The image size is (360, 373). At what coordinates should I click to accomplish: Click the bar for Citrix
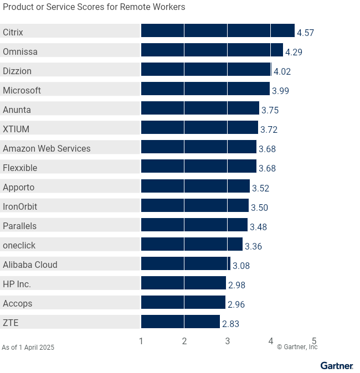pyautogui.click(x=218, y=31)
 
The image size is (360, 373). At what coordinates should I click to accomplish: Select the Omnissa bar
pyautogui.click(x=212, y=50)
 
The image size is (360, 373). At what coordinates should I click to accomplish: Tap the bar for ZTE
pyautogui.click(x=180, y=322)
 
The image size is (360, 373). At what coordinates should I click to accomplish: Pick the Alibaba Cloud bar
pyautogui.click(x=186, y=263)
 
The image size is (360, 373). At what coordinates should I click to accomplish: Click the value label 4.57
pyautogui.click(x=305, y=33)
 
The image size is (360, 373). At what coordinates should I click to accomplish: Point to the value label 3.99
pyautogui.click(x=280, y=91)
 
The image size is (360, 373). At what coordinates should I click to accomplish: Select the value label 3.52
pyautogui.click(x=260, y=188)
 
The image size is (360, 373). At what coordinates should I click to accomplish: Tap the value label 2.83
pyautogui.click(x=230, y=323)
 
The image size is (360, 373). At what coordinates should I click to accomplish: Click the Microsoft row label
pyautogui.click(x=22, y=90)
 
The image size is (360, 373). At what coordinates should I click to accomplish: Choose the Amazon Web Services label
pyautogui.click(x=47, y=148)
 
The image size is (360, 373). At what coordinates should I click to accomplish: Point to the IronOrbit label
pyautogui.click(x=20, y=206)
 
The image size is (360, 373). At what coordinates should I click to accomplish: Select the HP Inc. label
pyautogui.click(x=17, y=284)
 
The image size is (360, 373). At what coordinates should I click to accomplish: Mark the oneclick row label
pyautogui.click(x=19, y=245)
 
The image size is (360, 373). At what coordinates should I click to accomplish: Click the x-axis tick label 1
pyautogui.click(x=141, y=341)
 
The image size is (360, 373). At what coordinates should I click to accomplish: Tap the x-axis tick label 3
pyautogui.click(x=228, y=341)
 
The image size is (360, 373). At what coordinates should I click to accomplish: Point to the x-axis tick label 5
pyautogui.click(x=314, y=341)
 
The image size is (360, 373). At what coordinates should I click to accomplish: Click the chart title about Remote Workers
pyautogui.click(x=94, y=7)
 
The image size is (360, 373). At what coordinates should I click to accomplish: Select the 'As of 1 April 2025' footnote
pyautogui.click(x=28, y=348)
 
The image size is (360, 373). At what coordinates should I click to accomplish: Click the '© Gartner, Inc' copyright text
pyautogui.click(x=297, y=347)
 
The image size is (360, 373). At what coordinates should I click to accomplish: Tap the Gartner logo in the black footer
pyautogui.click(x=336, y=366)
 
